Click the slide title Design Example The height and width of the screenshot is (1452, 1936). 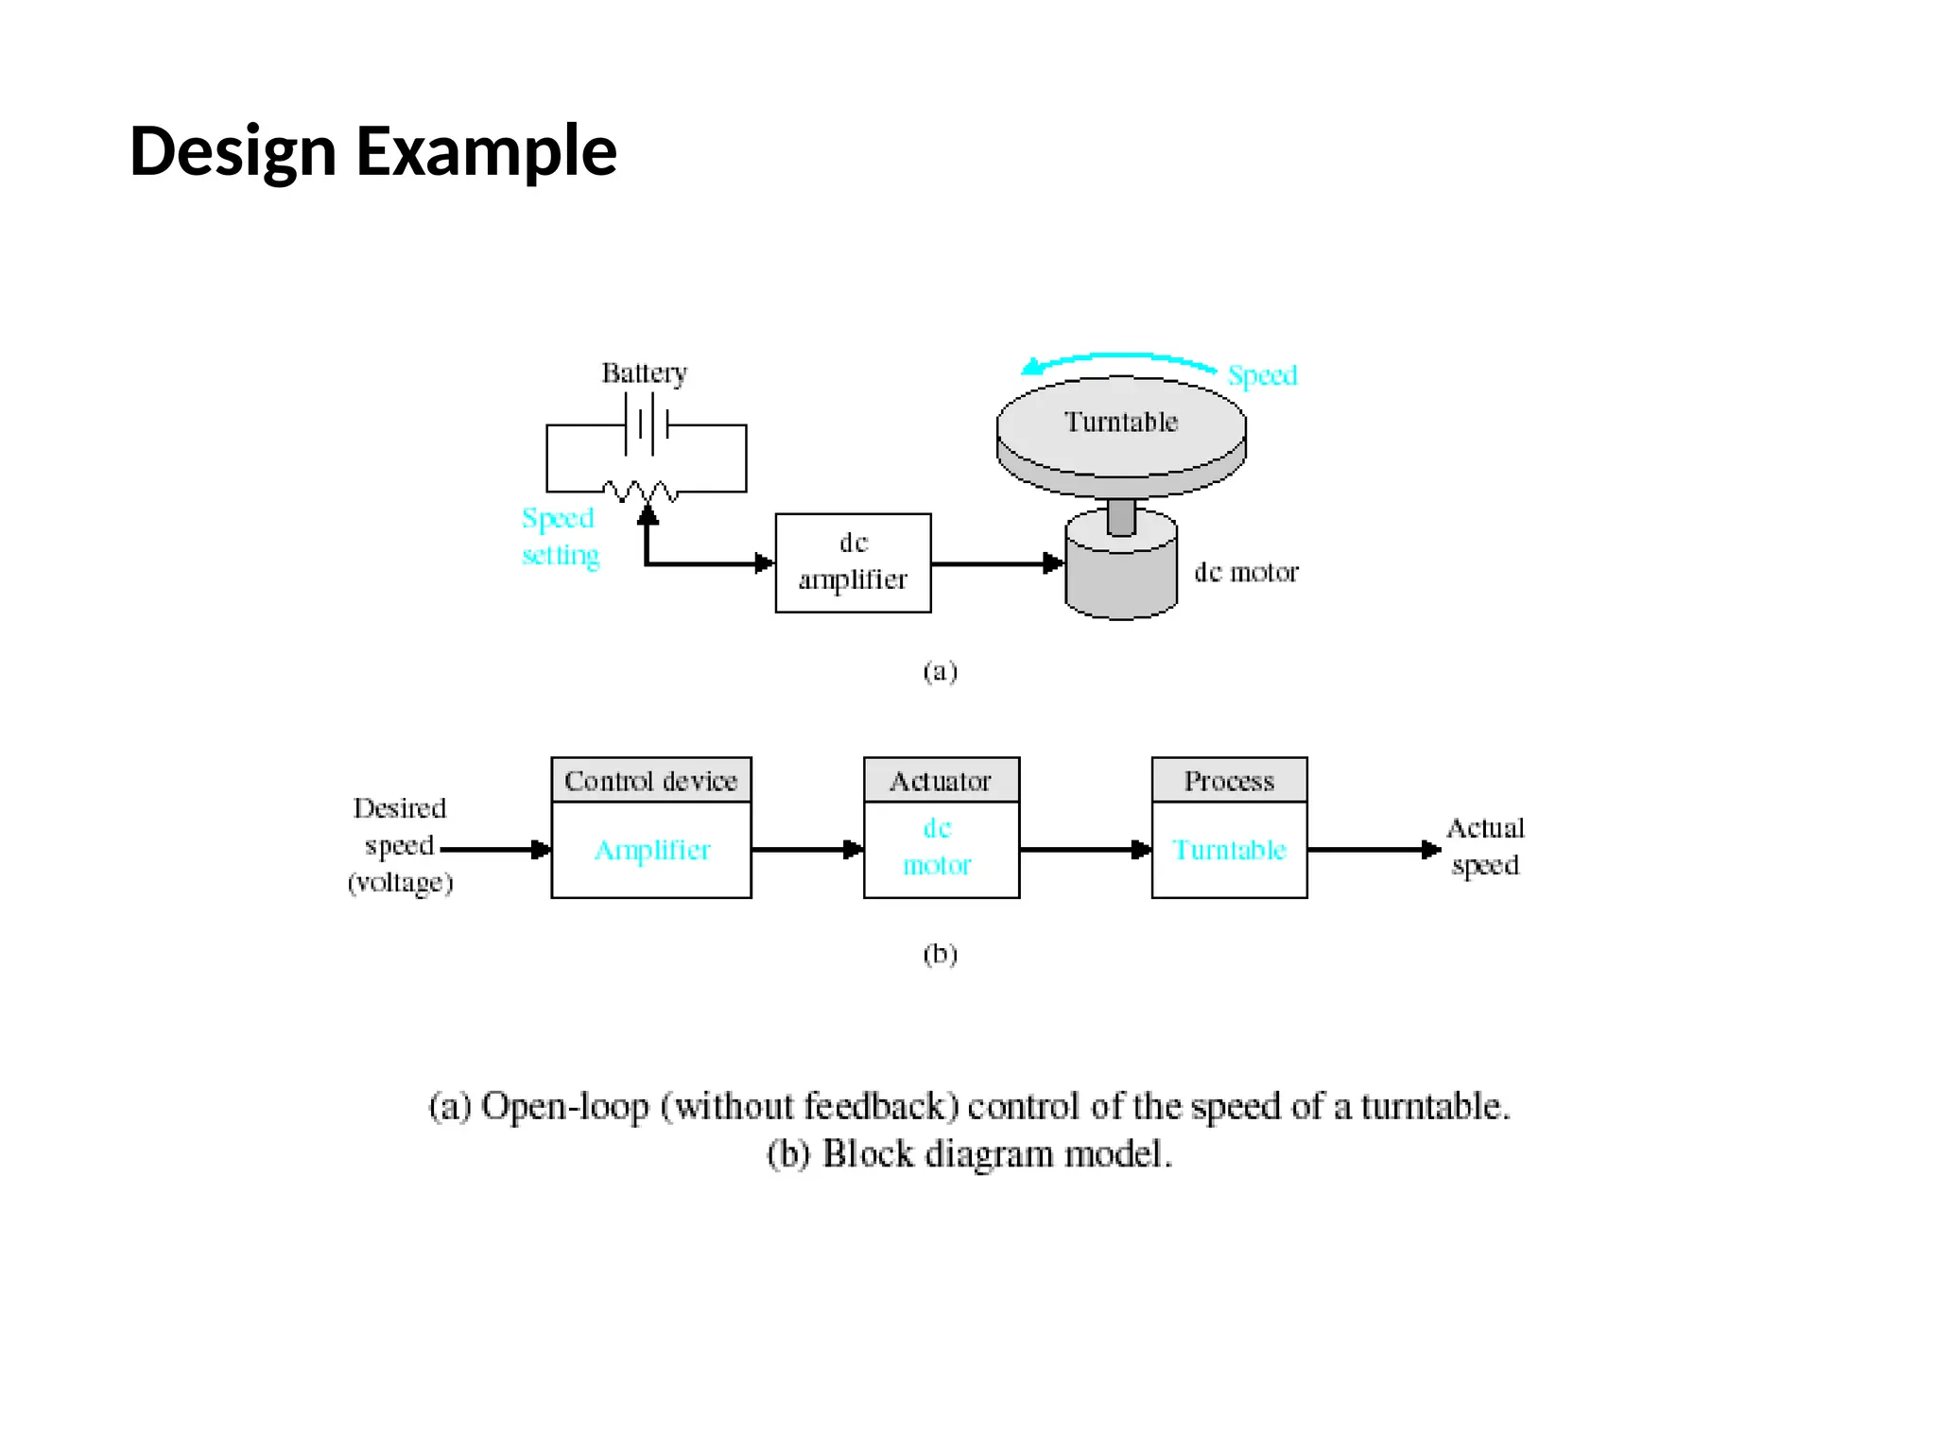tap(372, 151)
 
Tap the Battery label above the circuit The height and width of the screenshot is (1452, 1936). tap(644, 373)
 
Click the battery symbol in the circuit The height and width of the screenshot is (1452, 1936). tap(647, 424)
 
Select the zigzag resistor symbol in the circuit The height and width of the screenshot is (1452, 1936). tap(640, 491)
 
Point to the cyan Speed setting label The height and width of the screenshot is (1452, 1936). tap(560, 536)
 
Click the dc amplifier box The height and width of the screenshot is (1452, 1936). tap(853, 562)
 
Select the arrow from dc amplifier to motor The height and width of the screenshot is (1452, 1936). tap(997, 563)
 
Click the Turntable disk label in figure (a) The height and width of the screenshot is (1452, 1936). tap(1121, 422)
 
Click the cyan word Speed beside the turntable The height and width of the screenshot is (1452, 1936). tap(1262, 375)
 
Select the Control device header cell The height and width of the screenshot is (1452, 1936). tap(650, 781)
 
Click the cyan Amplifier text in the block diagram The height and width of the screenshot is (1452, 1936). tap(651, 850)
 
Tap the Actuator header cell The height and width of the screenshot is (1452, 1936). tap(941, 781)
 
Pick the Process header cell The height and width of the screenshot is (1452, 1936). tap(1229, 781)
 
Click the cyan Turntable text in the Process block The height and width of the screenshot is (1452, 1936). tap(1229, 850)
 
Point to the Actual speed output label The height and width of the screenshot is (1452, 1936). tap(1485, 846)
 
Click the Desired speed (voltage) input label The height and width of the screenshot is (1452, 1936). tap(400, 845)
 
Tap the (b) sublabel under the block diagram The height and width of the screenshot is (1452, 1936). tap(940, 954)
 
